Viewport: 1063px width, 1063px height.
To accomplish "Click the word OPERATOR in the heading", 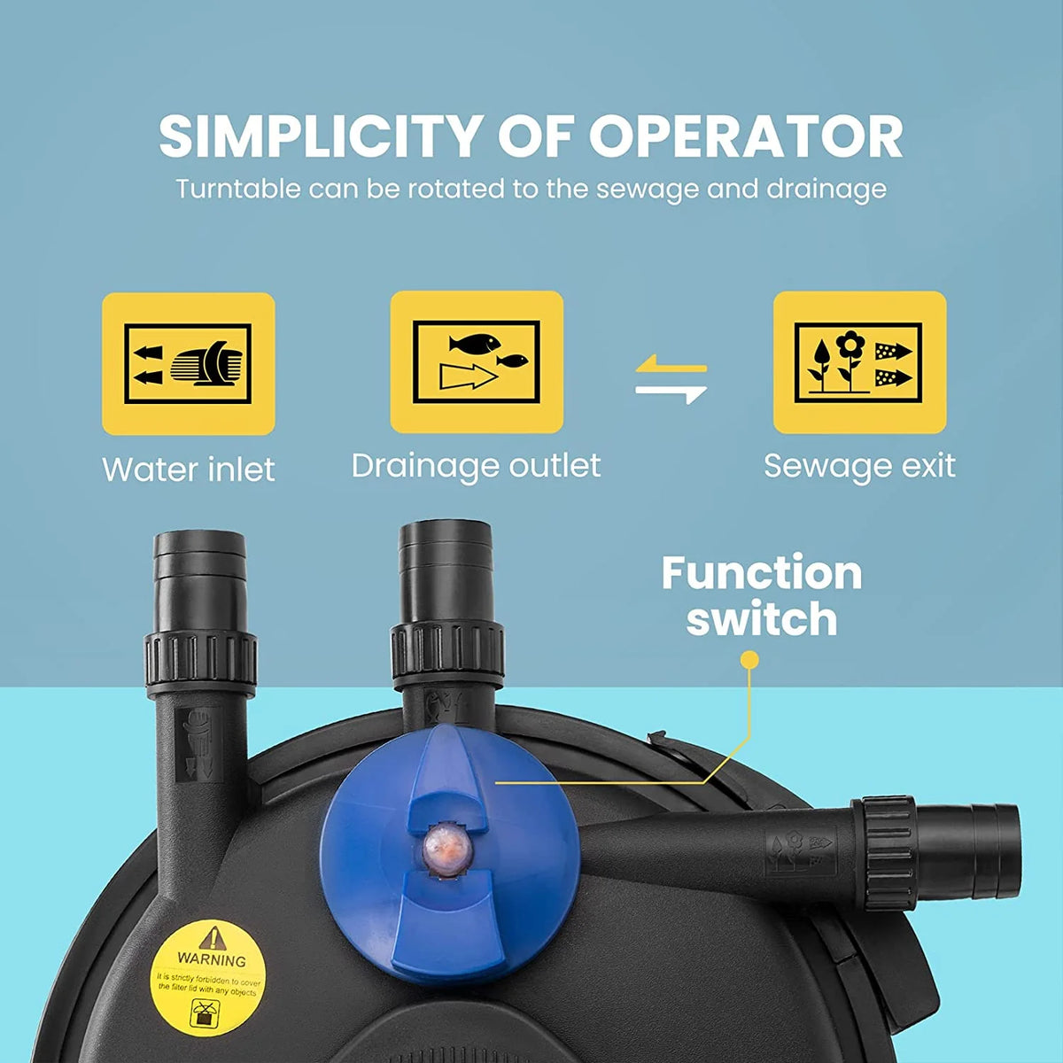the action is click(746, 136).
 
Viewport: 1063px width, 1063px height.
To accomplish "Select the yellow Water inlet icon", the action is click(188, 363).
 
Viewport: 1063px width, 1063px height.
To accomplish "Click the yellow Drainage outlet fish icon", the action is click(477, 362).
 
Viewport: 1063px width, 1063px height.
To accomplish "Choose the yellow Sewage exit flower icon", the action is click(859, 362).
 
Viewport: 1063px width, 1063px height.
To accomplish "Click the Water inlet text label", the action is click(189, 469).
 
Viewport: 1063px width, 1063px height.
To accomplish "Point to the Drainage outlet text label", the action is click(476, 466).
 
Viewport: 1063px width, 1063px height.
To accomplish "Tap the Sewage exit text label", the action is click(859, 466).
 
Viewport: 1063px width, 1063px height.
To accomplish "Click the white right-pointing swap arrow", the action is click(671, 393).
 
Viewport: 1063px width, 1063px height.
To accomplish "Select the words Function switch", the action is click(762, 596).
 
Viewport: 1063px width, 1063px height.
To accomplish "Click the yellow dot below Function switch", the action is click(749, 660).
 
